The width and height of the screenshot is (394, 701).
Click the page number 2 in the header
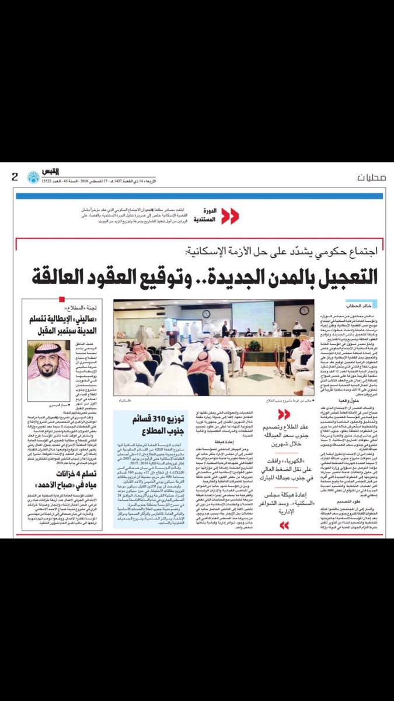pos(15,177)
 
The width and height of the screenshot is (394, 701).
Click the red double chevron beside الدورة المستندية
pos(229,216)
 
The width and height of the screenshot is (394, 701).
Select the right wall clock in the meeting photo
pos(304,310)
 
